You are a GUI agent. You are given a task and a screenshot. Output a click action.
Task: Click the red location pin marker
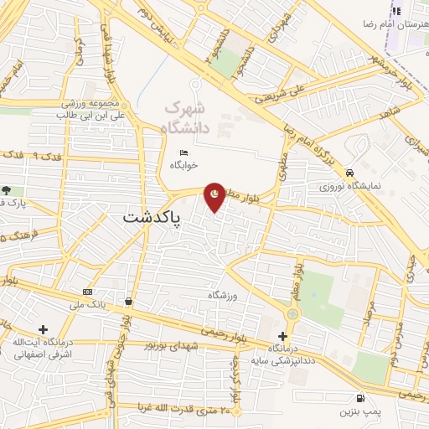click(216, 196)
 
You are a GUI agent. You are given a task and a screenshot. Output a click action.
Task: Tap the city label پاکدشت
click(152, 216)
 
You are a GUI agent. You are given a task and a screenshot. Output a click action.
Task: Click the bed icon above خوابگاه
click(184, 152)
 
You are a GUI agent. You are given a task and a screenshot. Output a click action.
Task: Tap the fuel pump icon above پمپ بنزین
click(360, 399)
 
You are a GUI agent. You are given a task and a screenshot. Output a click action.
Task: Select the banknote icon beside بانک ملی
click(88, 292)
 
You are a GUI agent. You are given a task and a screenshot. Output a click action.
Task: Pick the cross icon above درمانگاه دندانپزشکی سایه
click(282, 336)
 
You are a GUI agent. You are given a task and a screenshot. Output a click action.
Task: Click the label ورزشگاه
click(224, 296)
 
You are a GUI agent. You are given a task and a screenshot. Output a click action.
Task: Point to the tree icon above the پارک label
click(7, 191)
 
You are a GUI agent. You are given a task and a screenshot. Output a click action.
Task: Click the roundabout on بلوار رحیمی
click(292, 313)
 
